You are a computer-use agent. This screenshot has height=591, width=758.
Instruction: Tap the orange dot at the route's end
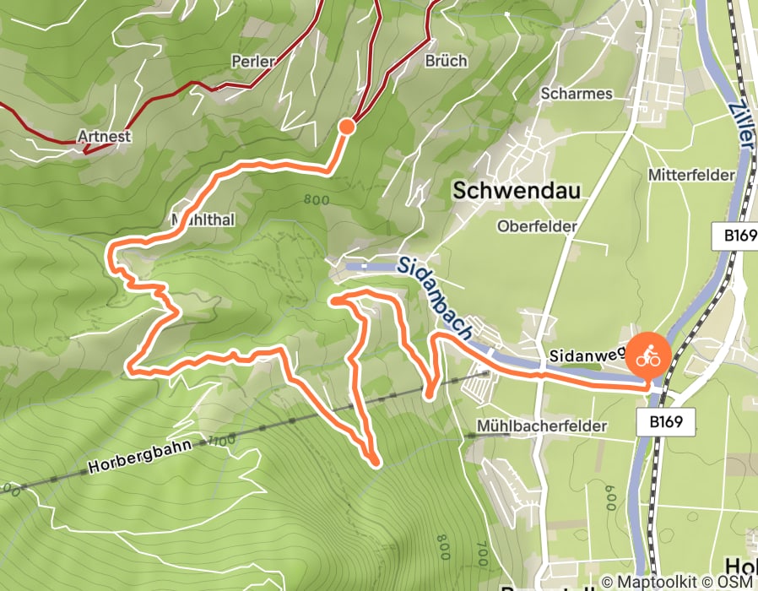coord(346,127)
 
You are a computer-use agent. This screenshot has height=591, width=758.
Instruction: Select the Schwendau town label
coord(517,191)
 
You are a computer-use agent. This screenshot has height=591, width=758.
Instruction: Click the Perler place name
coord(253,62)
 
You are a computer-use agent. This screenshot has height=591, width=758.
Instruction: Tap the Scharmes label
coord(577,94)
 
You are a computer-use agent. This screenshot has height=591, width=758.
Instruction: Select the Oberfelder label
coord(537,226)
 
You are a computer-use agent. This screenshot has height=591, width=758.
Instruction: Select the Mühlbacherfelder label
coord(541,426)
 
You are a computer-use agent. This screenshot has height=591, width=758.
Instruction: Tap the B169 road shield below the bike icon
coord(665,420)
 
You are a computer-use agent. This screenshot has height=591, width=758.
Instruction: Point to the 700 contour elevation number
coord(482,554)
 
